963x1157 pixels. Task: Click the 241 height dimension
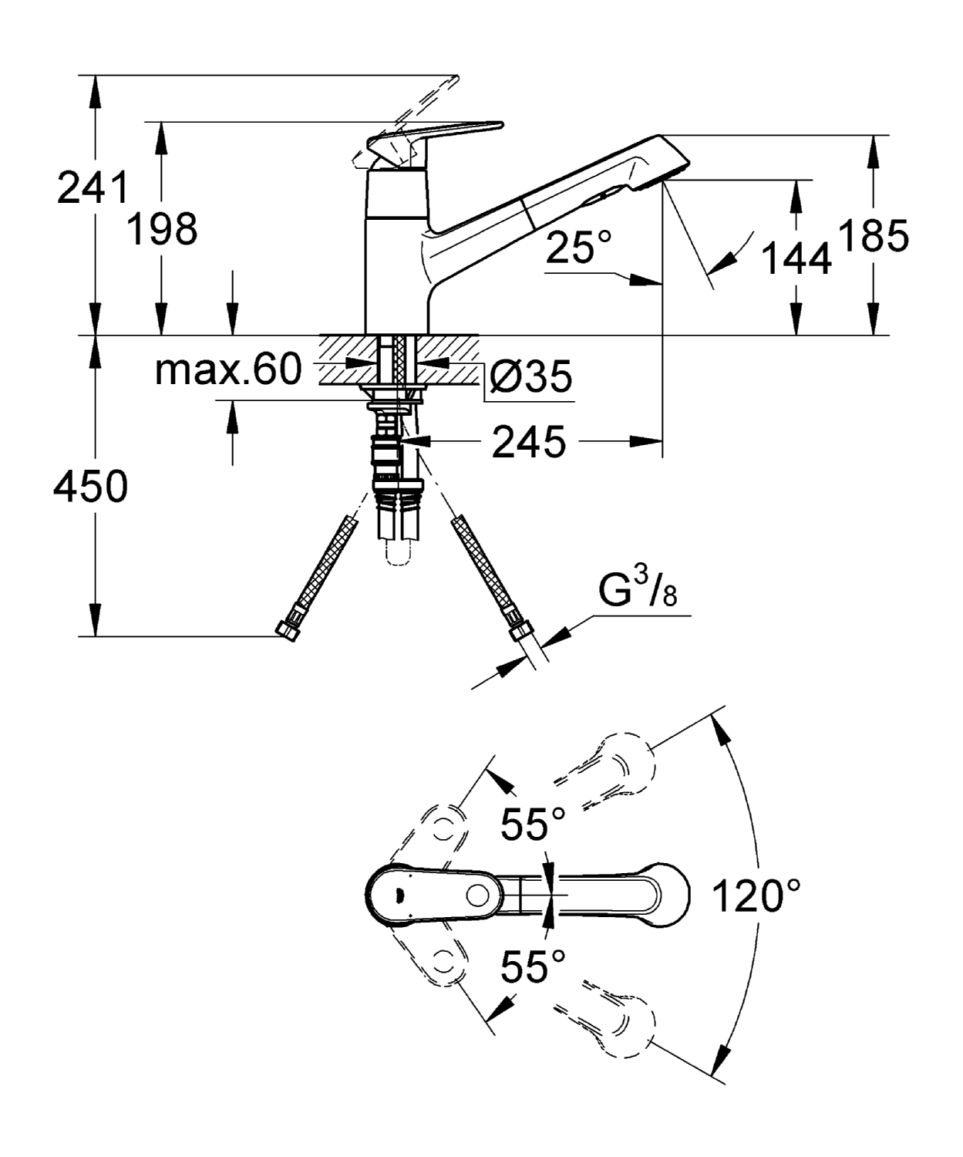93,188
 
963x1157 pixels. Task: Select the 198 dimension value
162,229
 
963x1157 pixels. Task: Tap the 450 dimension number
90,486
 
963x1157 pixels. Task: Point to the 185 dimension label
874,235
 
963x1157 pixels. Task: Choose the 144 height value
796,258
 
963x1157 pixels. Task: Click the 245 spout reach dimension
529,442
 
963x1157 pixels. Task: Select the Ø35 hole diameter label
530,376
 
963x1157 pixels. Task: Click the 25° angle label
578,247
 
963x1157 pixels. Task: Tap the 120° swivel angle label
756,896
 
